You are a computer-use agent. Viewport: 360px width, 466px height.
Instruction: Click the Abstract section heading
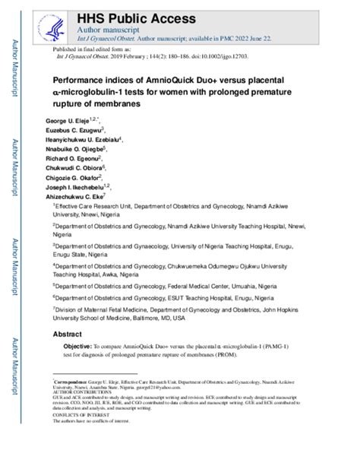point(66,334)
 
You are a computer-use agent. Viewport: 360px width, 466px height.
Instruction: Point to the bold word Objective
point(77,347)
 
